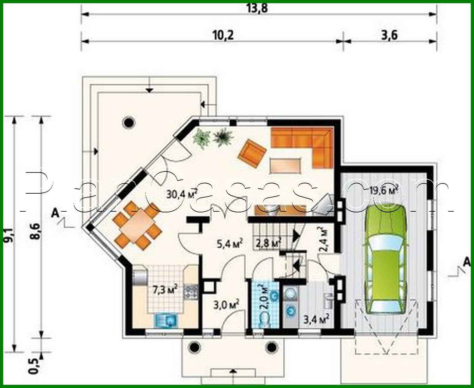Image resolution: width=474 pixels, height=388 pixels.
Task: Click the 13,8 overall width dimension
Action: (x=260, y=8)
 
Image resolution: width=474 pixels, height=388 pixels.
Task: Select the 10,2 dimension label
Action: (x=223, y=35)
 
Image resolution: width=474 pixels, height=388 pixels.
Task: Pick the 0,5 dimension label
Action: (x=34, y=366)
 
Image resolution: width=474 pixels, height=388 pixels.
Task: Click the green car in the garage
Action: (x=385, y=259)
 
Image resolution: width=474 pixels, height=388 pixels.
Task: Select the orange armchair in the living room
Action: (x=252, y=153)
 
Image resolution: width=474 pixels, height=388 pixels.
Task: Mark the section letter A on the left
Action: (x=54, y=212)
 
